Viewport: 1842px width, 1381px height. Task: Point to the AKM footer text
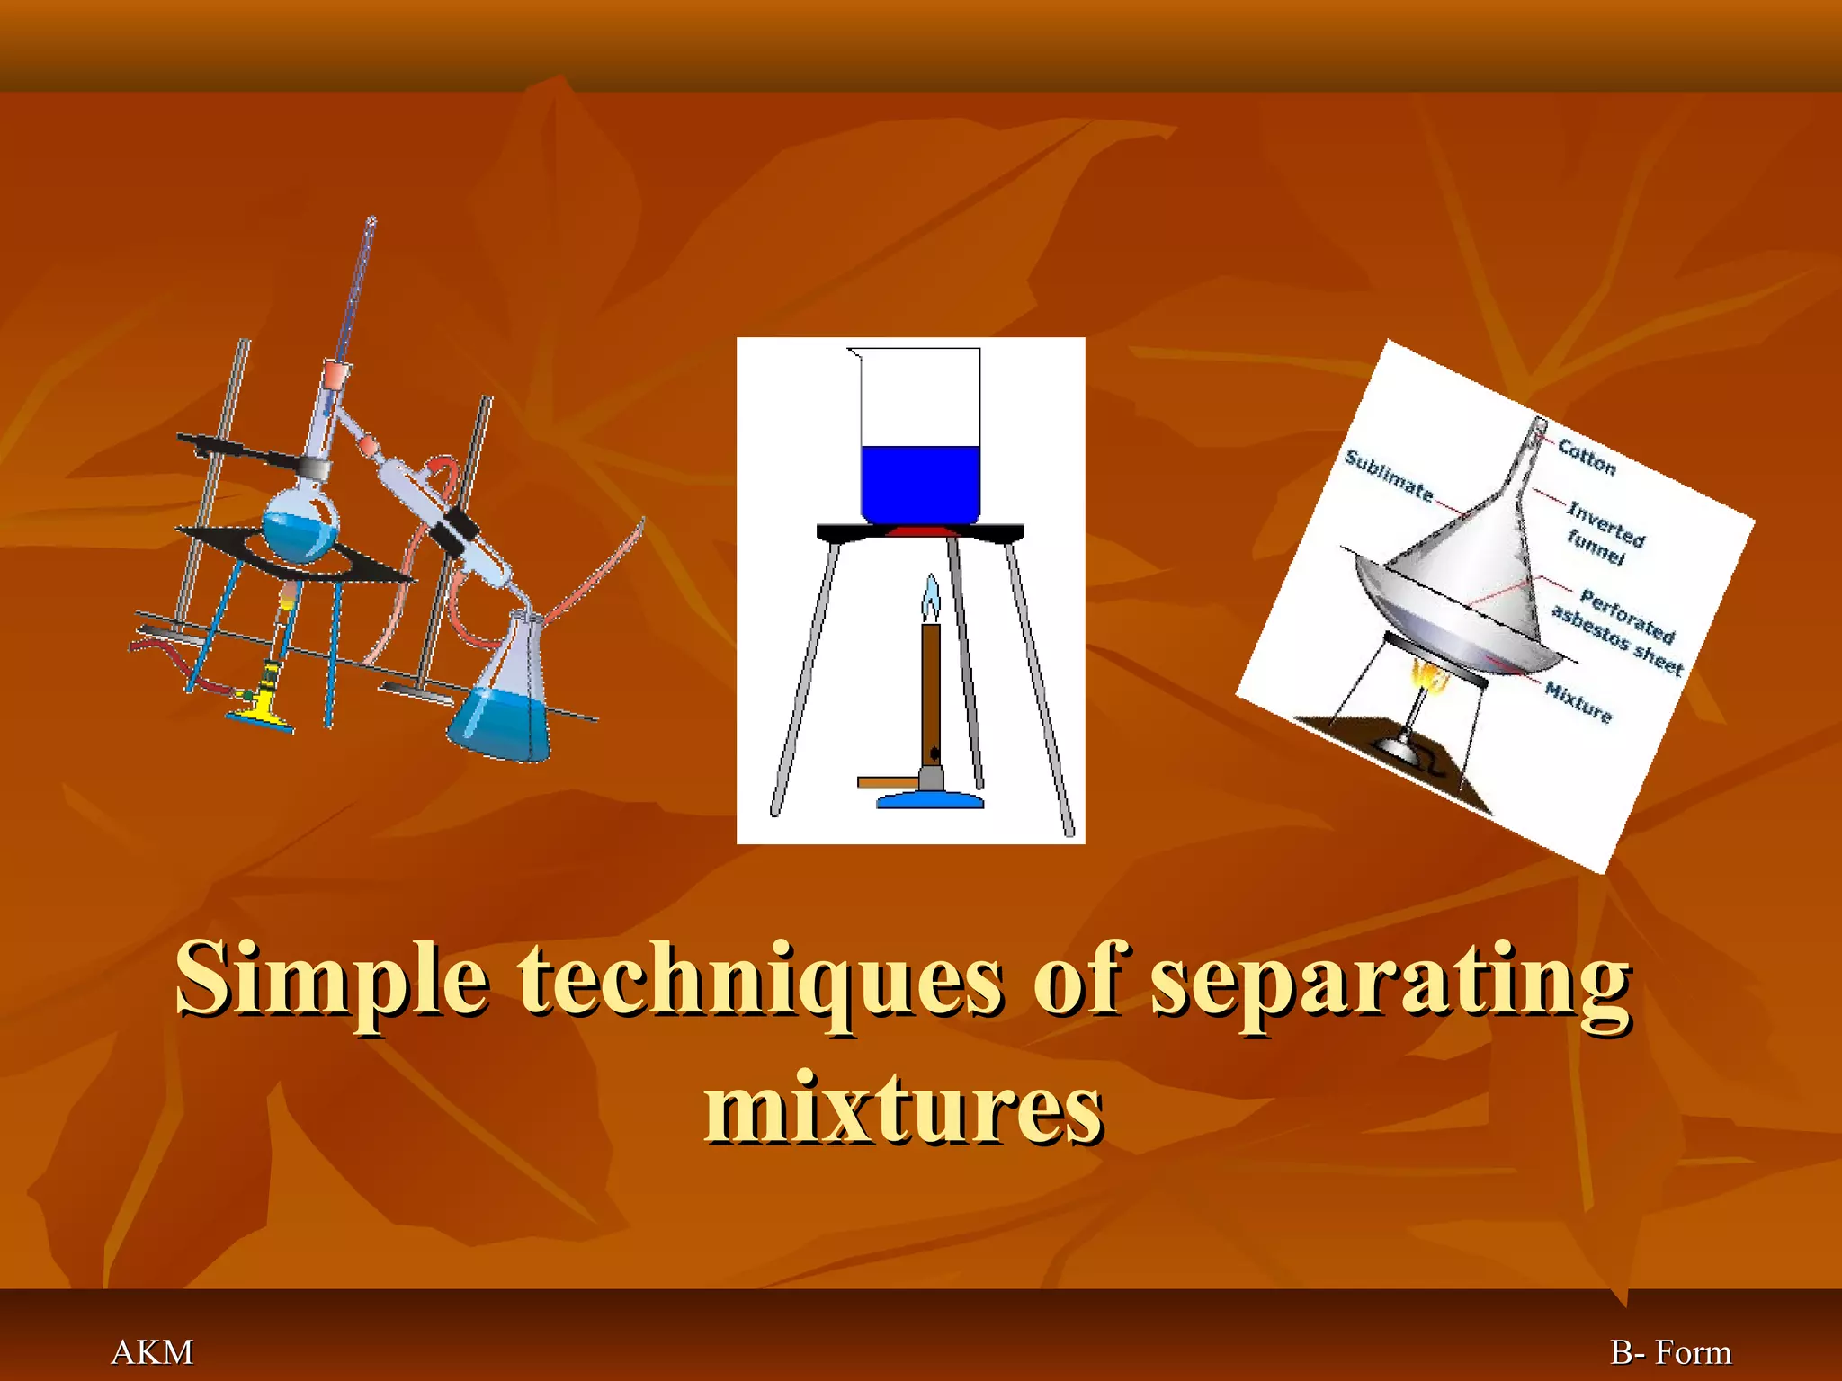(152, 1352)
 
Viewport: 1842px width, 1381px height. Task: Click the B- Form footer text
(1670, 1352)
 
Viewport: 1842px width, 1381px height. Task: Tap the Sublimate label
(1388, 475)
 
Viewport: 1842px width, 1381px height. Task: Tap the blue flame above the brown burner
(931, 598)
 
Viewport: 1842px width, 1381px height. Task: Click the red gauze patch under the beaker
(918, 532)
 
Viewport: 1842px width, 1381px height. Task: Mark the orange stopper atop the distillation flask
(335, 370)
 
